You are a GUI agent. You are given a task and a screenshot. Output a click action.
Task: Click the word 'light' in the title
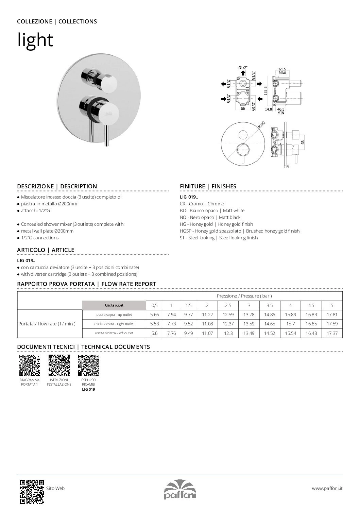pyautogui.click(x=35, y=40)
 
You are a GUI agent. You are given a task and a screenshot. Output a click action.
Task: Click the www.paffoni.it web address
pyautogui.click(x=327, y=488)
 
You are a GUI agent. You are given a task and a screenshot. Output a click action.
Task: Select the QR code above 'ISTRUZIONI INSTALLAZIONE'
pyautogui.click(x=59, y=365)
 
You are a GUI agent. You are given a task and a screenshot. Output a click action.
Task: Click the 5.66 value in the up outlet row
pyautogui.click(x=154, y=315)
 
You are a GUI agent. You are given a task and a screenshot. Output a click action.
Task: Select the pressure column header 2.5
pyautogui.click(x=228, y=305)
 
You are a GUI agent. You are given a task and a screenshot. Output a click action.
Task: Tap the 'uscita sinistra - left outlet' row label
pyautogui.click(x=114, y=333)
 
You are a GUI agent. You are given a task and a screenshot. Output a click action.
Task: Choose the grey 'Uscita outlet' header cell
pyautogui.click(x=114, y=305)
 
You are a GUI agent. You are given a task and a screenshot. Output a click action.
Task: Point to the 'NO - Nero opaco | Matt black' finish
pyautogui.click(x=210, y=217)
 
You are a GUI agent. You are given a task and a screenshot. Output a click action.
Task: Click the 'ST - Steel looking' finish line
pyautogui.click(x=219, y=238)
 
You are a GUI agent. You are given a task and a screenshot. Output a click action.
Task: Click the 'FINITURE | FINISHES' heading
pyautogui.click(x=208, y=186)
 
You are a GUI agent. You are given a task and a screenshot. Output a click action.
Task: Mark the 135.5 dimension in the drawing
pyautogui.click(x=265, y=90)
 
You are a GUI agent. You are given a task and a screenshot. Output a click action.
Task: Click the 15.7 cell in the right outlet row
pyautogui.click(x=290, y=324)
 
